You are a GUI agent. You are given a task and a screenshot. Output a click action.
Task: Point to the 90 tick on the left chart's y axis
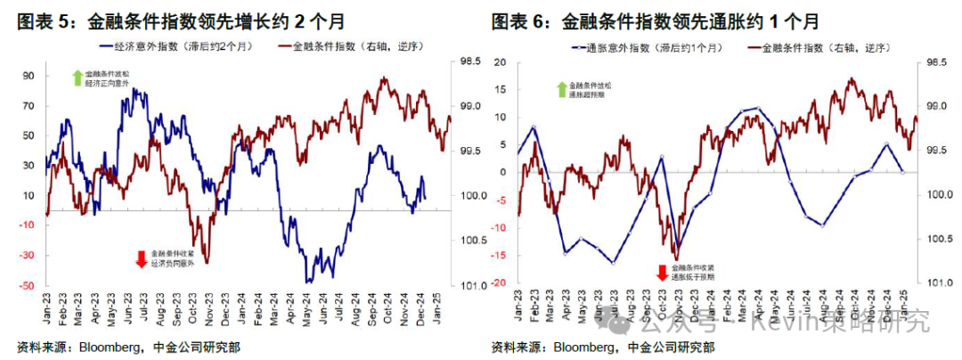point(29,76)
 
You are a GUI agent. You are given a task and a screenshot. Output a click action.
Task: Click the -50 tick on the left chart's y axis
point(27,286)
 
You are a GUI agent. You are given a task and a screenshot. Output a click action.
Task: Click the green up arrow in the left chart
point(77,76)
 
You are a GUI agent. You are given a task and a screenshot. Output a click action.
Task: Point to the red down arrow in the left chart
point(141,259)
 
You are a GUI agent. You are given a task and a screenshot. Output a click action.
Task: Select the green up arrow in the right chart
point(561,88)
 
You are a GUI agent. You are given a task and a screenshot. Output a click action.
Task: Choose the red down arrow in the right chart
point(662,273)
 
